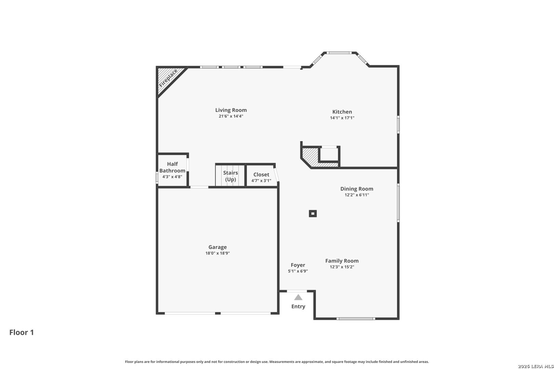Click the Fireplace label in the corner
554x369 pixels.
click(x=168, y=78)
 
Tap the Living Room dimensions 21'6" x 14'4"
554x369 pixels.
click(x=231, y=116)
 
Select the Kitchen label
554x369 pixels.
click(x=342, y=112)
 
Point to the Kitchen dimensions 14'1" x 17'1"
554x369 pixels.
click(x=342, y=118)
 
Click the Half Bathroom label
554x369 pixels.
click(x=172, y=167)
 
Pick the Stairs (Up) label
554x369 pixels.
click(x=230, y=176)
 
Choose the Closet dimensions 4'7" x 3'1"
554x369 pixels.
click(x=261, y=181)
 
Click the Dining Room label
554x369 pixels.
click(x=357, y=189)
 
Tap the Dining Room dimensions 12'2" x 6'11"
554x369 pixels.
click(x=357, y=195)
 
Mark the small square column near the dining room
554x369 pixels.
click(x=313, y=214)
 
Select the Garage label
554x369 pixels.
click(x=217, y=247)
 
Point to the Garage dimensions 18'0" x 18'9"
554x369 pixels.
click(x=217, y=253)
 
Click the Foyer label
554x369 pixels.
click(x=298, y=265)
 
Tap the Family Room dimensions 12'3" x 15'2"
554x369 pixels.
click(x=342, y=267)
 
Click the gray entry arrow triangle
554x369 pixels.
click(x=298, y=297)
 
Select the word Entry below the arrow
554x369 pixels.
click(x=298, y=306)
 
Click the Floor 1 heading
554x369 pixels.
click(x=22, y=332)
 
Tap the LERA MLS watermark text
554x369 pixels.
click(x=536, y=366)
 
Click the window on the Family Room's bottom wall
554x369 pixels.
click(x=356, y=319)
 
